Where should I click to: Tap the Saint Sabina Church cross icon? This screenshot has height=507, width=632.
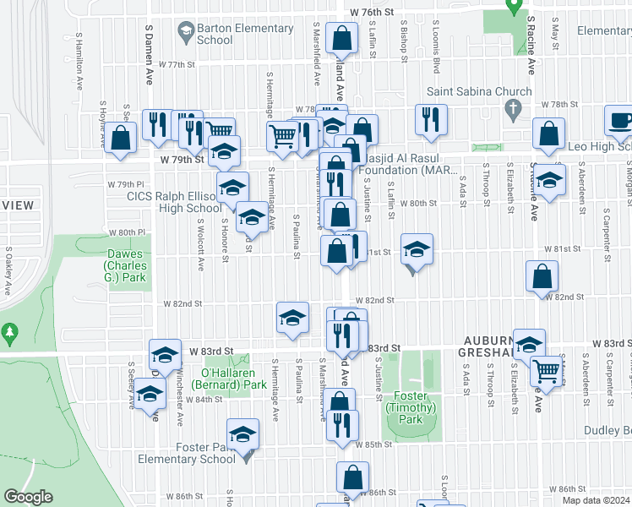510,109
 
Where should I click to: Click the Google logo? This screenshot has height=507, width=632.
29,497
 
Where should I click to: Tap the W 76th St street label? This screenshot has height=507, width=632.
373,12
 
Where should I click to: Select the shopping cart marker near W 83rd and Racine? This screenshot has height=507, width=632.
547,370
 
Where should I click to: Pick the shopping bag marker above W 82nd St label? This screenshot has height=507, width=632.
542,276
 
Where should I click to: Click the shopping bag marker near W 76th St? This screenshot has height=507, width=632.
341,39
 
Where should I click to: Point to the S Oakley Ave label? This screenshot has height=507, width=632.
8,271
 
